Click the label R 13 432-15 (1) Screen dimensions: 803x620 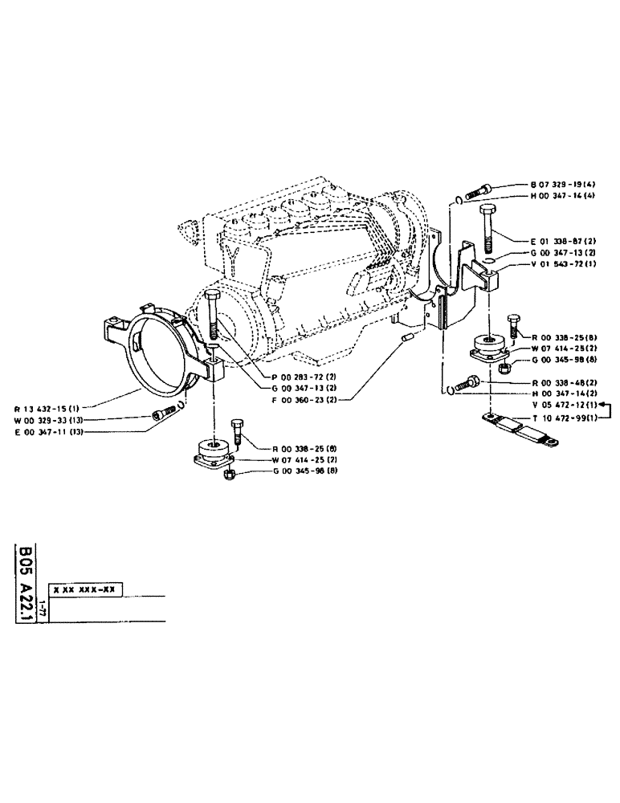click(x=51, y=407)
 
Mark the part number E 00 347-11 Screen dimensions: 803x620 click(x=52, y=431)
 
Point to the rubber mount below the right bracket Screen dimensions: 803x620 click(x=487, y=349)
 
